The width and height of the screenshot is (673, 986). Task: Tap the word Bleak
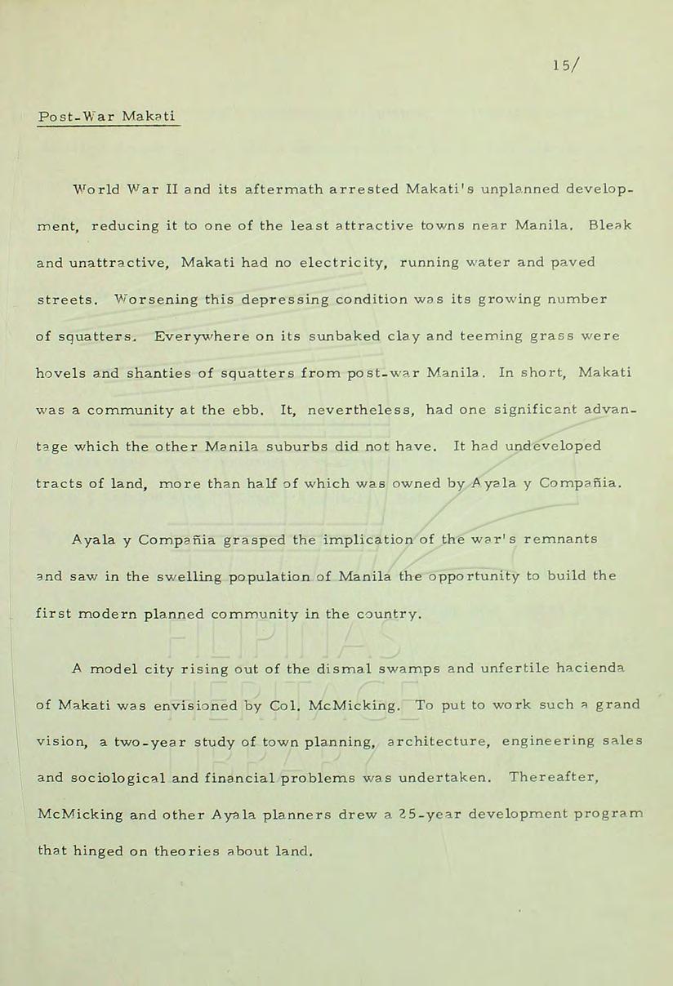(612, 225)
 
